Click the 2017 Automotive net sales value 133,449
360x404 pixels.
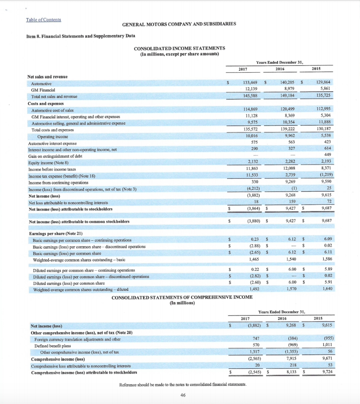coord(249,83)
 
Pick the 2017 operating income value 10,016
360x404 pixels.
coord(250,135)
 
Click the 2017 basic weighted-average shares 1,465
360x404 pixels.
coord(252,259)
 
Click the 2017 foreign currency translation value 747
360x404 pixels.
coord(255,339)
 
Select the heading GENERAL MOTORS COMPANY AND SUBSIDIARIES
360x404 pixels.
coord(179,24)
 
